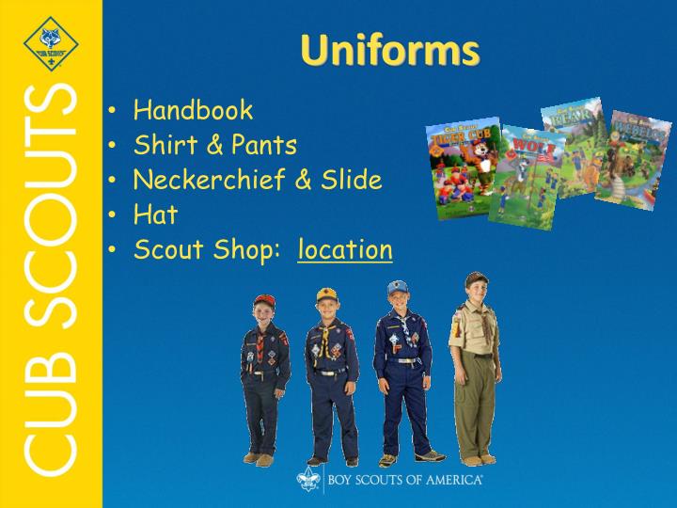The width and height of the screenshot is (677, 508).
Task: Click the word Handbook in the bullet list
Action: click(193, 110)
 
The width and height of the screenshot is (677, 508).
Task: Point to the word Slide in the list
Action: click(354, 180)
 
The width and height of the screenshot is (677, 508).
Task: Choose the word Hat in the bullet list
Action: click(155, 214)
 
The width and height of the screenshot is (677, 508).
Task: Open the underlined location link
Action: click(345, 249)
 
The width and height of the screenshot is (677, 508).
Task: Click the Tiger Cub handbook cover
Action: click(463, 168)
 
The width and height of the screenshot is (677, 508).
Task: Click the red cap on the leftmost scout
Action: click(264, 301)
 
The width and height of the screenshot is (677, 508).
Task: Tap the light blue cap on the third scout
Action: click(399, 286)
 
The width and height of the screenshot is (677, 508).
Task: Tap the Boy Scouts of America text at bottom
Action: click(405, 481)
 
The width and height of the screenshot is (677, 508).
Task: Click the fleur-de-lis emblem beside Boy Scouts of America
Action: click(310, 480)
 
